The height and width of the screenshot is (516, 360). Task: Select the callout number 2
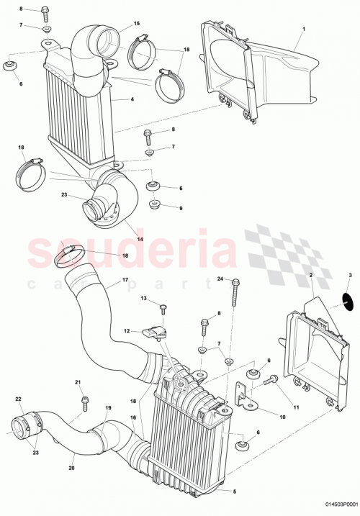(x=310, y=276)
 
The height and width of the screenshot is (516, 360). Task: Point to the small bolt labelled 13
(x=163, y=309)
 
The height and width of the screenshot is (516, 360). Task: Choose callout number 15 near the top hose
(x=137, y=24)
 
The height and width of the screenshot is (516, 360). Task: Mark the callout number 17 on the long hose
(x=125, y=279)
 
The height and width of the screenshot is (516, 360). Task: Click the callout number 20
(x=72, y=466)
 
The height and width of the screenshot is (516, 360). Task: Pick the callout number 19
(x=108, y=407)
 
